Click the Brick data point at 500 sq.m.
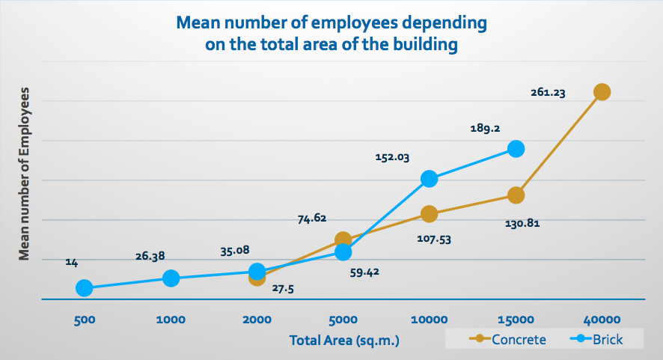point(85,288)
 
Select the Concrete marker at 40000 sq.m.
point(602,92)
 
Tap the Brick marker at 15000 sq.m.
point(516,148)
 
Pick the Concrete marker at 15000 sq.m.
point(516,195)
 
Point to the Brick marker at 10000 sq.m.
point(429,178)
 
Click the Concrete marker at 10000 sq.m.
point(429,214)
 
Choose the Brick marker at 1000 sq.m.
point(171,278)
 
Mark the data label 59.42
point(364,272)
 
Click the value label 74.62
point(312,219)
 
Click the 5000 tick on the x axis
point(343,319)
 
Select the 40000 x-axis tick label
point(602,319)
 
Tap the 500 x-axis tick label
point(85,319)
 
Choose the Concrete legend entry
point(509,340)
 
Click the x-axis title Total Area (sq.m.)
point(344,341)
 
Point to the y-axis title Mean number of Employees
point(25,174)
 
